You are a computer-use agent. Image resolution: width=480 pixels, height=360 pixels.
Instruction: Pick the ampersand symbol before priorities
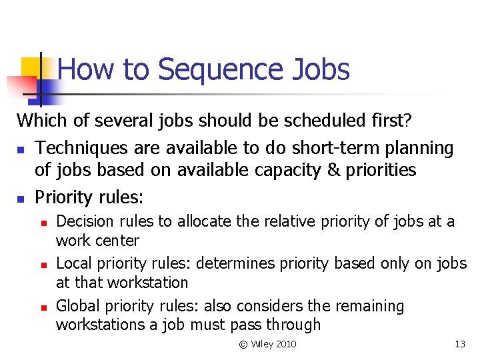(x=334, y=170)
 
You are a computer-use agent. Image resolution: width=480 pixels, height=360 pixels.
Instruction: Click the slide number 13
(x=459, y=344)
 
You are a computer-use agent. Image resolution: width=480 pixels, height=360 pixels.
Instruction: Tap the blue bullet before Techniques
(x=21, y=148)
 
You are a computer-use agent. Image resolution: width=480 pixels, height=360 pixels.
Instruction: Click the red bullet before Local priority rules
(x=43, y=265)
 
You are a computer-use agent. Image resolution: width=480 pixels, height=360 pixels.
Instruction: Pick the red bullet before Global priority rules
(x=43, y=307)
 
